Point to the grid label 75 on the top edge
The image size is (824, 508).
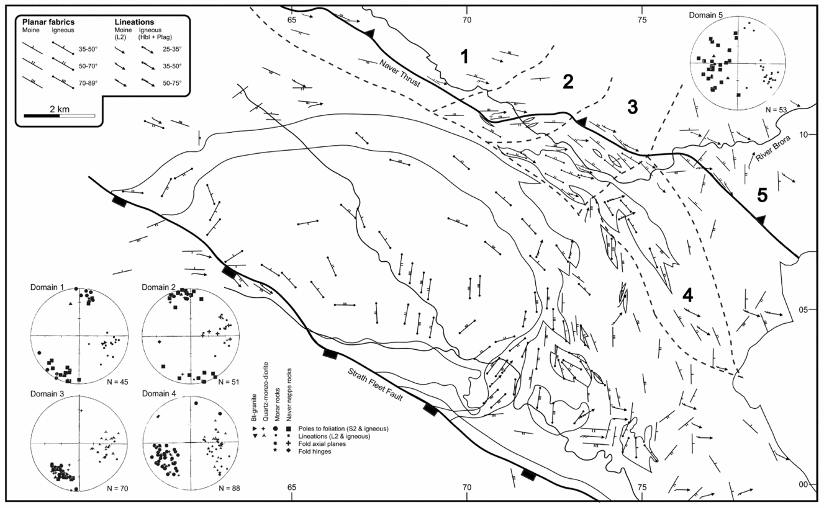[x=642, y=19]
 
